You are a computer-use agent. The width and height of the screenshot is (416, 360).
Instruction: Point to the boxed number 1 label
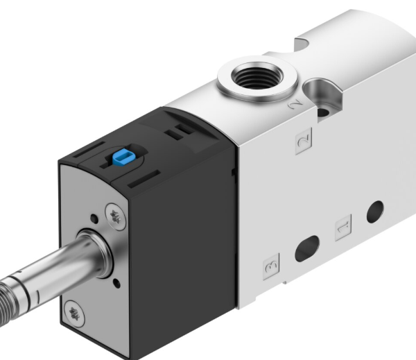coord(343,226)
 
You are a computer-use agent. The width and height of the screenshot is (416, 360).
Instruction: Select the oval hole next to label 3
coord(306,249)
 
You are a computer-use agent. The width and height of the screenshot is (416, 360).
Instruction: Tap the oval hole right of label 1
coord(375,209)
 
